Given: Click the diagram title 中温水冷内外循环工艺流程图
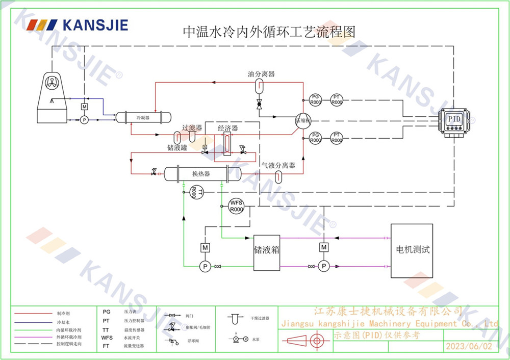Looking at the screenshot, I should (269, 32).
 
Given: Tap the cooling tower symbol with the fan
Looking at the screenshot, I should (54, 96).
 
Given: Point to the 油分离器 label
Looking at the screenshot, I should (261, 74).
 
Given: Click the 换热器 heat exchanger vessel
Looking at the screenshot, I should (201, 174).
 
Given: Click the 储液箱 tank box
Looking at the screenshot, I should (268, 251).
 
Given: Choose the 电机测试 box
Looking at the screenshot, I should (412, 250).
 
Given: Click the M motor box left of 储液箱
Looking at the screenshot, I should (205, 247).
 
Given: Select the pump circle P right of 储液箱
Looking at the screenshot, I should (323, 266).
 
